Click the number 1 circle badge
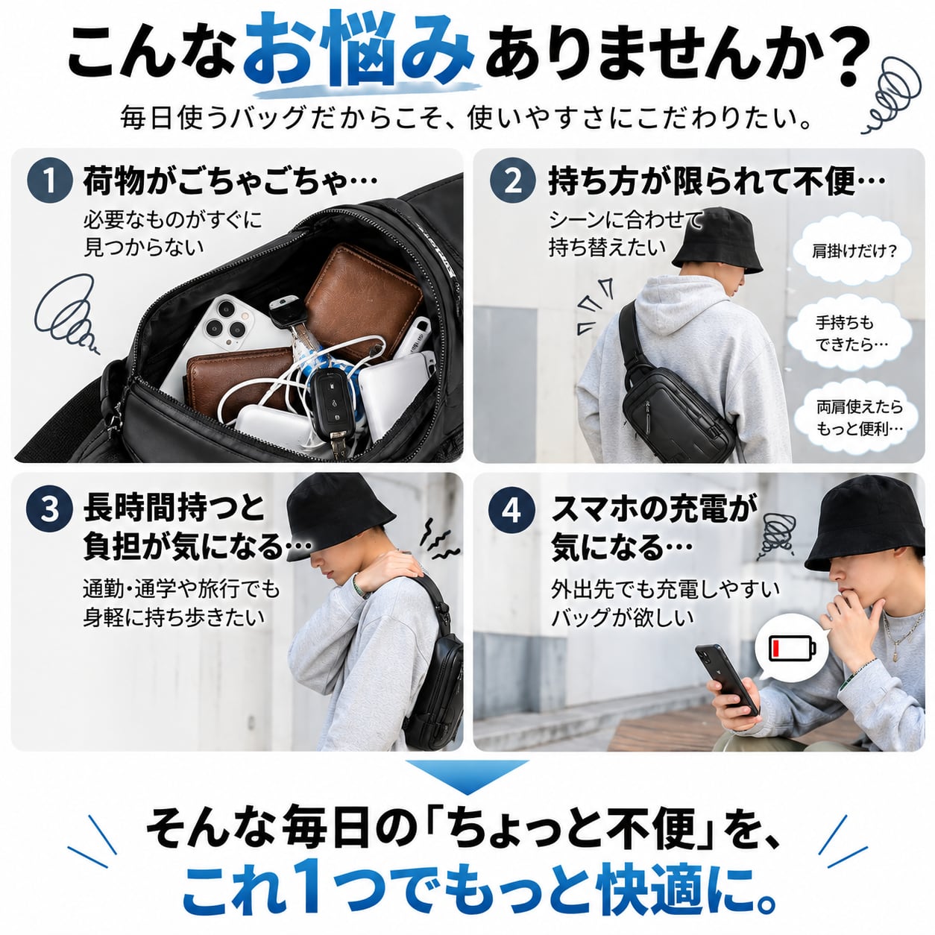click(x=50, y=180)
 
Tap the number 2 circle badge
click(x=512, y=180)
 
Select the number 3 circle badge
click(x=50, y=511)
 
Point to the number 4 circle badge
click(x=512, y=511)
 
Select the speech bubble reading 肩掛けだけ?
click(x=854, y=251)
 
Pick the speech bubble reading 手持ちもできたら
click(x=850, y=334)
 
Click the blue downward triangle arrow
click(x=467, y=778)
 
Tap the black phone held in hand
click(x=727, y=680)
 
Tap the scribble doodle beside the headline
click(x=892, y=95)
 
